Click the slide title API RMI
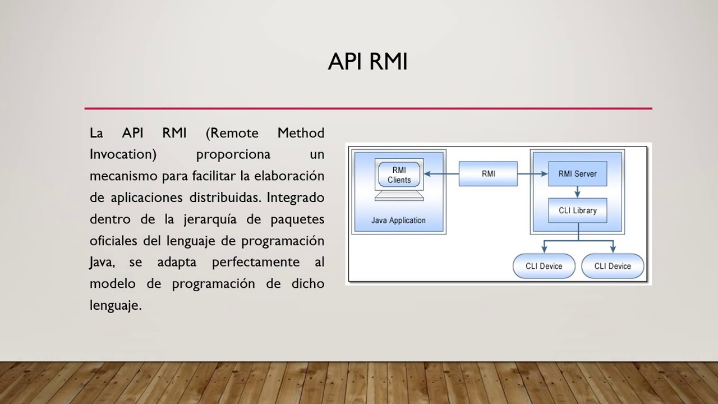pyautogui.click(x=367, y=62)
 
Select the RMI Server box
pyautogui.click(x=577, y=174)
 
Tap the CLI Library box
pyautogui.click(x=577, y=210)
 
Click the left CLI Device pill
pyautogui.click(x=544, y=266)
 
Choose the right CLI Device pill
pyautogui.click(x=613, y=266)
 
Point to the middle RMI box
pyautogui.click(x=488, y=174)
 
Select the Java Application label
pyautogui.click(x=398, y=221)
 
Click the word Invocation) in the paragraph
pyautogui.click(x=123, y=154)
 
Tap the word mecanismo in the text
pyautogui.click(x=123, y=176)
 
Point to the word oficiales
pyautogui.click(x=114, y=241)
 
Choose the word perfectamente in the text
pyautogui.click(x=247, y=262)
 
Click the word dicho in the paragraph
pyautogui.click(x=308, y=283)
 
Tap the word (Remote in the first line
pyautogui.click(x=232, y=133)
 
